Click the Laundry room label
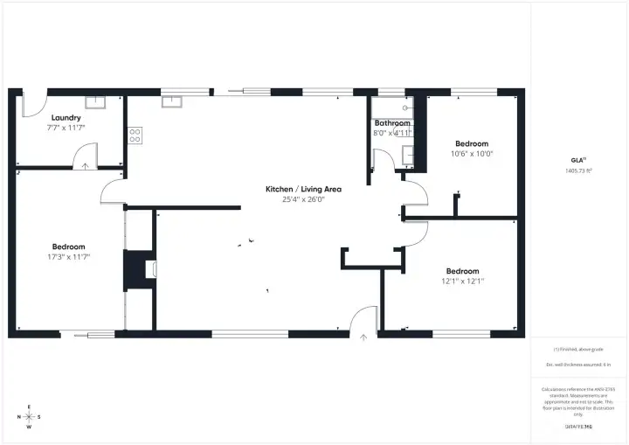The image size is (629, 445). (x=66, y=117)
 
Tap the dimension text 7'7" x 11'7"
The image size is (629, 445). (x=66, y=128)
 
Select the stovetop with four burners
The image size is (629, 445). (x=135, y=136)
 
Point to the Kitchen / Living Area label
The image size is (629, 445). (x=303, y=189)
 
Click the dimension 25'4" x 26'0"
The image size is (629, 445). (x=303, y=199)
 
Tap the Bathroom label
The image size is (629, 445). (x=392, y=123)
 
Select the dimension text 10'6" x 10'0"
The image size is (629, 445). (x=472, y=153)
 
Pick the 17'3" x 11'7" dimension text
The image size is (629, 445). (x=69, y=257)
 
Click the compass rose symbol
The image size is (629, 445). (x=29, y=417)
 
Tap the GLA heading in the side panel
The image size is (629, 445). (x=577, y=160)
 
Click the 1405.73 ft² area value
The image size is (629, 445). (x=579, y=171)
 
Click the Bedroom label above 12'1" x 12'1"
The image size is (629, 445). (x=462, y=271)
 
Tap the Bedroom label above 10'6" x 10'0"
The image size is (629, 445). (x=472, y=143)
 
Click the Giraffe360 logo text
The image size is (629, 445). (x=579, y=425)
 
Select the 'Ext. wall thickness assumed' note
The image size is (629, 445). (x=579, y=364)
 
